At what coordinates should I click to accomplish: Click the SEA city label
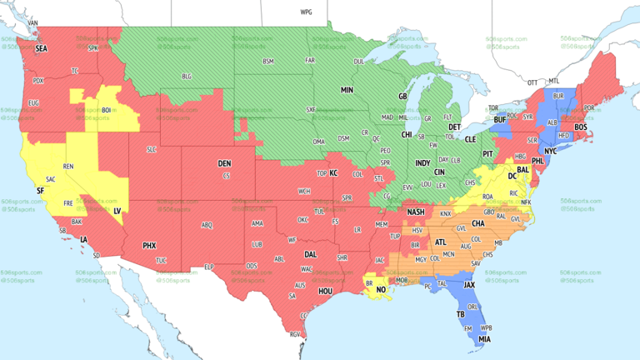41,49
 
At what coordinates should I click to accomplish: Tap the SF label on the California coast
39,191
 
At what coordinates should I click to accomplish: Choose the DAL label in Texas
310,254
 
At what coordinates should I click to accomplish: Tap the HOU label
325,291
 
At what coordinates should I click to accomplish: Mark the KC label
333,172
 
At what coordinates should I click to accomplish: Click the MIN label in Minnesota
347,89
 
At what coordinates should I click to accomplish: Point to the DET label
455,127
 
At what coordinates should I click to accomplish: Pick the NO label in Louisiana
382,290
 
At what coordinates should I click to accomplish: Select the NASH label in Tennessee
416,212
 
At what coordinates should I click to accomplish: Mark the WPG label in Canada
306,12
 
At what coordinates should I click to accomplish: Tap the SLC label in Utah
151,149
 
